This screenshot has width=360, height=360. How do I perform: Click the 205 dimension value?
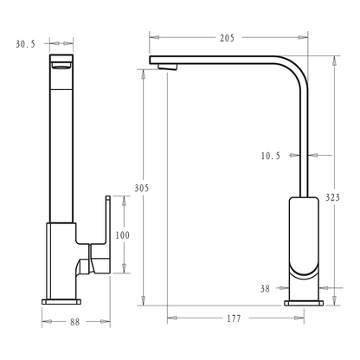(227, 38)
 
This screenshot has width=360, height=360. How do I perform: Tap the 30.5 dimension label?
(25, 44)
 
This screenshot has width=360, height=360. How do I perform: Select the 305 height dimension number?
(142, 188)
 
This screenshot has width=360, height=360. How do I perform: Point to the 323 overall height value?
(332, 197)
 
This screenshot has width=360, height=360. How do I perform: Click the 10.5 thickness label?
(271, 156)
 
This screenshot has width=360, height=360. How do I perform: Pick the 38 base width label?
(265, 288)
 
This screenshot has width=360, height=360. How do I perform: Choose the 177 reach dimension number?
(234, 318)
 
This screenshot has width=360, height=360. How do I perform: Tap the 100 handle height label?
(123, 235)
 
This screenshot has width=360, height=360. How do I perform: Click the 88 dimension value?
(74, 322)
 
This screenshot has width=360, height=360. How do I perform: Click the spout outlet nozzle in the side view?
(167, 67)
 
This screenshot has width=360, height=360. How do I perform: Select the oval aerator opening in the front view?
(61, 67)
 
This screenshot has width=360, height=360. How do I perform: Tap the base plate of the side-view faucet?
(304, 303)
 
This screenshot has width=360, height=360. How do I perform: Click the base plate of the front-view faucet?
(61, 302)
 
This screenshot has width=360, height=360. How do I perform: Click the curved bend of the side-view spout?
(297, 67)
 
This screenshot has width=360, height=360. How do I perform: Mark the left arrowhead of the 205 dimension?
(154, 37)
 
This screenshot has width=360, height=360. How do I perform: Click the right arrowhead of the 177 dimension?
(299, 318)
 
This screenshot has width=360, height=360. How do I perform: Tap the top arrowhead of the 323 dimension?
(334, 61)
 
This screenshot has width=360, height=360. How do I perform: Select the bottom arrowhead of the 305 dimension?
(143, 300)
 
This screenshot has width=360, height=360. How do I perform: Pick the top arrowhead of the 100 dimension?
(124, 201)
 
